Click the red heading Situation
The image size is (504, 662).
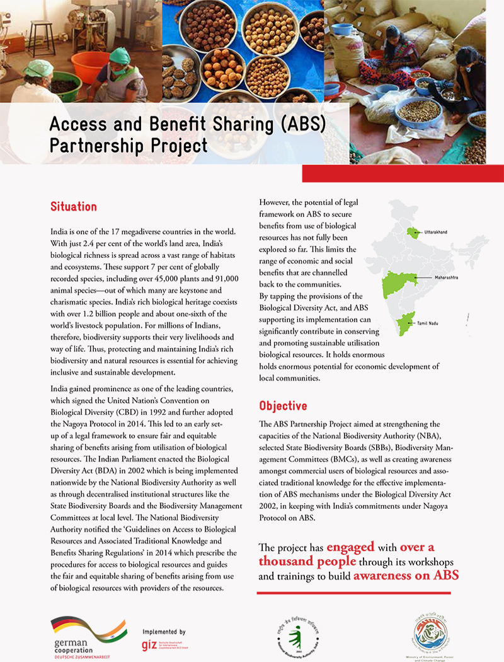click(73, 207)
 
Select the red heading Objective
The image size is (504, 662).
click(283, 405)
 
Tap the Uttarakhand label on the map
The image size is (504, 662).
click(436, 233)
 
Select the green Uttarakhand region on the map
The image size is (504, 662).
click(413, 233)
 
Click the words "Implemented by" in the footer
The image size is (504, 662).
click(164, 631)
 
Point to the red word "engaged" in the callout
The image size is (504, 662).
click(350, 547)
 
